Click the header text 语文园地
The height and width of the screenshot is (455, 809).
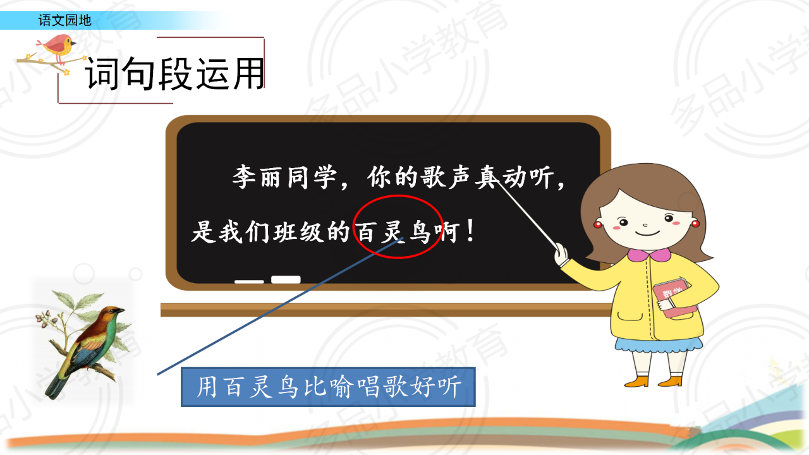pyautogui.click(x=64, y=20)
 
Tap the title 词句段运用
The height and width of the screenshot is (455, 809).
pyautogui.click(x=175, y=73)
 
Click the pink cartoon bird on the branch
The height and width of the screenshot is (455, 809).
pyautogui.click(x=57, y=46)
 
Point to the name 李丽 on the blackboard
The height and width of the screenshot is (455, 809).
pyautogui.click(x=257, y=177)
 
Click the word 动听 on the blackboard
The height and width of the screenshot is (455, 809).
pyautogui.click(x=528, y=177)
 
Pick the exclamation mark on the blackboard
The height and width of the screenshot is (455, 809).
pyautogui.click(x=470, y=231)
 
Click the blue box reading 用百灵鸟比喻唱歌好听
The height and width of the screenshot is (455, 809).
pyautogui.click(x=328, y=387)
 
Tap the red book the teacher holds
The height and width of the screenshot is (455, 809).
pyautogui.click(x=674, y=298)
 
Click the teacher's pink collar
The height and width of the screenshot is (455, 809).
pyautogui.click(x=649, y=255)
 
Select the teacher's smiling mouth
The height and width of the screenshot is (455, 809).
pyautogui.click(x=647, y=234)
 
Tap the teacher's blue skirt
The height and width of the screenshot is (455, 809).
pyautogui.click(x=659, y=345)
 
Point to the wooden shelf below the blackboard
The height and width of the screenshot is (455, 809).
pyautogui.click(x=386, y=310)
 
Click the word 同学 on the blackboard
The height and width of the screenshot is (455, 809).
pyautogui.click(x=312, y=177)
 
